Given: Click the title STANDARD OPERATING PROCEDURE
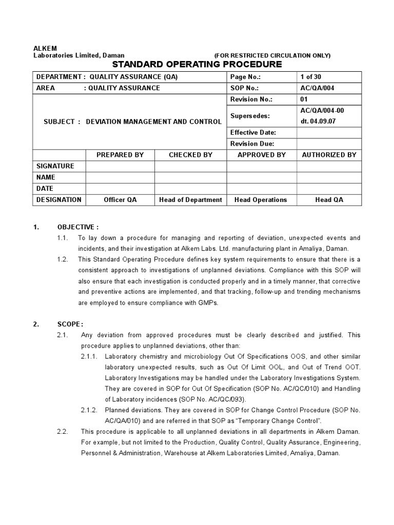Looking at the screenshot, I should coord(197,64).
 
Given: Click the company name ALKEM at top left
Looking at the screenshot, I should coord(45,48).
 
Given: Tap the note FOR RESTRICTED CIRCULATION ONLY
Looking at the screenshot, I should coord(272,55).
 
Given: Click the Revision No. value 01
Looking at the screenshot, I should coord(304,99).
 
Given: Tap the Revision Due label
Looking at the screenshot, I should coord(252,144).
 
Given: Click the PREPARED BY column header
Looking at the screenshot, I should coord(120,155).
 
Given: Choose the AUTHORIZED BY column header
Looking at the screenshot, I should coord(329,155).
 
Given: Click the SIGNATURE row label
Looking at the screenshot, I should coord(55,166).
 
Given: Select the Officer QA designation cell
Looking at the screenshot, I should coord(120,200).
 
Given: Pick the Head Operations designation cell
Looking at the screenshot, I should coord(261,200).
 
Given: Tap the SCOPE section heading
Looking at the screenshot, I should coord(70,324).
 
